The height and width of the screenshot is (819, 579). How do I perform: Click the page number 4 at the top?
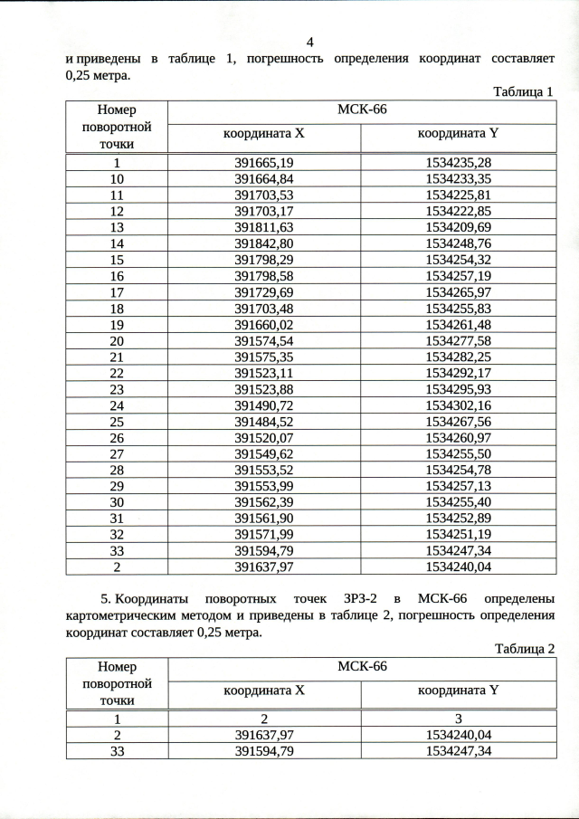click(310, 43)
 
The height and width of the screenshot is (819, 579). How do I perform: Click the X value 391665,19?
click(264, 163)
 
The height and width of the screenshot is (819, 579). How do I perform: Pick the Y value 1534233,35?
click(458, 179)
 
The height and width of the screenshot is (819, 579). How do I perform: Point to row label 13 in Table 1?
click(117, 227)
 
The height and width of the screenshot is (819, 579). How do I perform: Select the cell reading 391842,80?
click(264, 243)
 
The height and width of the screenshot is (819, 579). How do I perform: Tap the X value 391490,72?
click(264, 405)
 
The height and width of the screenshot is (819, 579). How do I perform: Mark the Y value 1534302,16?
click(458, 405)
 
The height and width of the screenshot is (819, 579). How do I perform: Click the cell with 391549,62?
click(264, 454)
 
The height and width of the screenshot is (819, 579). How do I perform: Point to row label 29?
click(117, 487)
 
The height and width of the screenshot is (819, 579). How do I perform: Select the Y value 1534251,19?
click(458, 536)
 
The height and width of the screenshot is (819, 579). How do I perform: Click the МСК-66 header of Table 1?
click(362, 110)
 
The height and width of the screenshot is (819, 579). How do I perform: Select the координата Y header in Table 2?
click(458, 691)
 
